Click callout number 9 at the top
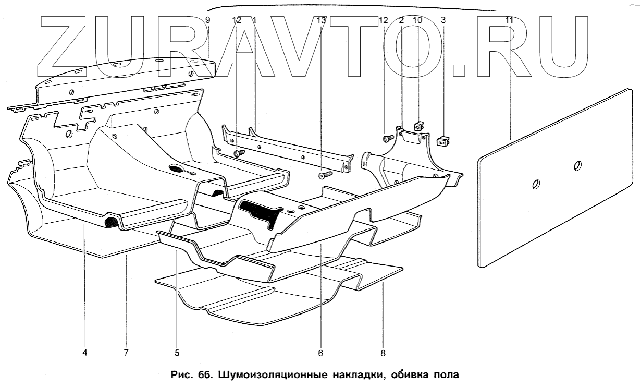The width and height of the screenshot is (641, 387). point(207,20)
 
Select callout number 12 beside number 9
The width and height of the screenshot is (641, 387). point(237,20)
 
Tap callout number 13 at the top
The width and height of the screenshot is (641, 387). point(321,20)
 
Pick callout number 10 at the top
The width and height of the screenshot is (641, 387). point(417,20)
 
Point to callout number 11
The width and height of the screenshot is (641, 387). point(509,20)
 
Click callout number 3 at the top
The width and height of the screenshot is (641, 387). point(443,20)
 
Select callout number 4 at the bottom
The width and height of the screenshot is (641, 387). point(84,353)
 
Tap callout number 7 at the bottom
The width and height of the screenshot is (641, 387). point(126,353)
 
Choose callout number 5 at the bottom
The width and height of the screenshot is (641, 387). point(177,353)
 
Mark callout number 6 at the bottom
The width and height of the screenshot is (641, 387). point(320,353)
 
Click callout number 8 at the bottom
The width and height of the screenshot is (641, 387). point(383,353)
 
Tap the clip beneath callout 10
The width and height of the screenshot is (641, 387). point(418,126)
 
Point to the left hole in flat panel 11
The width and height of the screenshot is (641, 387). point(536,184)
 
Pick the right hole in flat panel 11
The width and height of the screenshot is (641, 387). point(577,166)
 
